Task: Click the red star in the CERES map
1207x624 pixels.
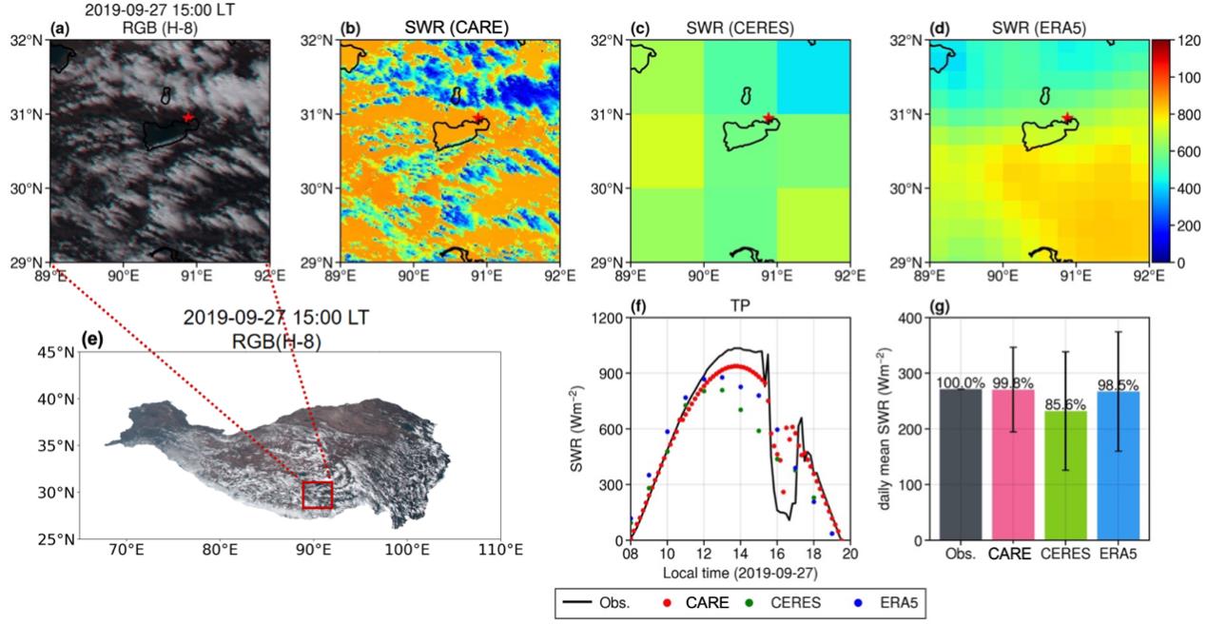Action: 768,118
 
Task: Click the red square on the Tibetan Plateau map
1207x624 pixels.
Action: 317,496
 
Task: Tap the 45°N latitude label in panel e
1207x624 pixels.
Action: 59,352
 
